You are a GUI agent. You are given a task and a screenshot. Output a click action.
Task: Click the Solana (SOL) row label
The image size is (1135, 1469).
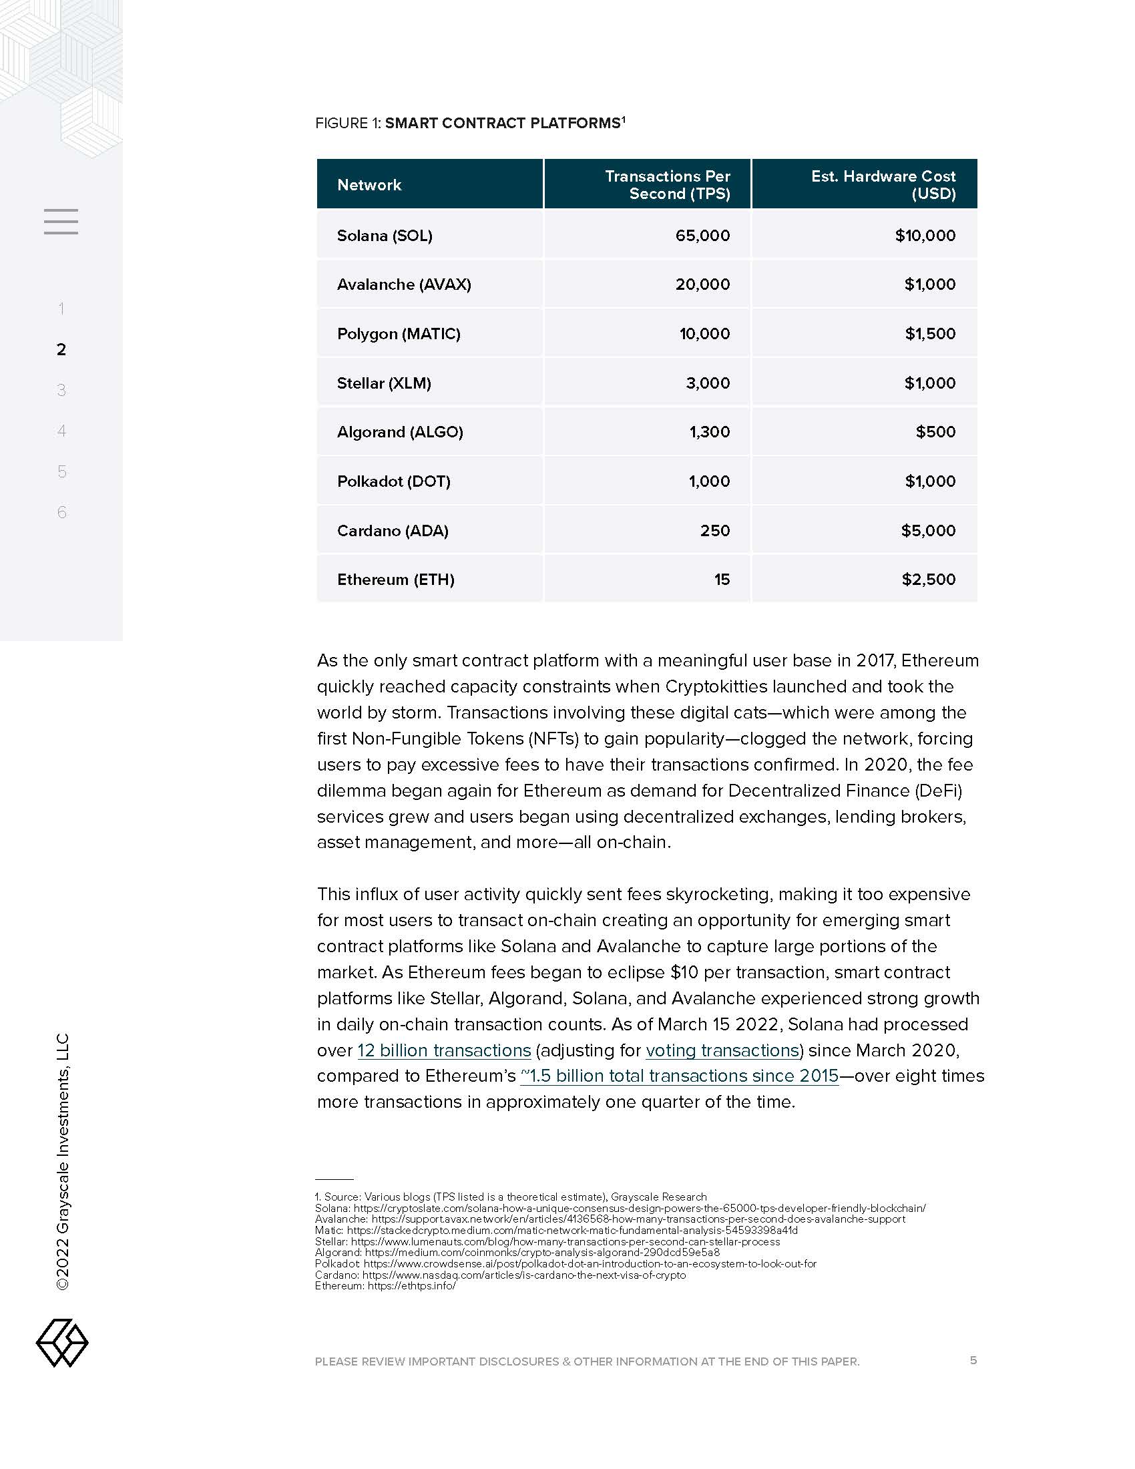click(385, 236)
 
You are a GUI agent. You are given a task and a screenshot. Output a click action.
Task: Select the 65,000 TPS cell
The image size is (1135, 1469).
click(702, 236)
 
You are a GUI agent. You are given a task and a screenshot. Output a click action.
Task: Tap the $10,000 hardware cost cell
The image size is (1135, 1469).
click(925, 236)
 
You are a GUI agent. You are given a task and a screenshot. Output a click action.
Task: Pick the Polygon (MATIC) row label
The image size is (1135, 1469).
click(399, 334)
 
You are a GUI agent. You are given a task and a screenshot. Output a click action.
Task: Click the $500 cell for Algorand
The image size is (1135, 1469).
click(935, 432)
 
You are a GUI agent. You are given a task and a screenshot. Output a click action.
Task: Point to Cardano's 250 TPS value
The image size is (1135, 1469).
click(715, 531)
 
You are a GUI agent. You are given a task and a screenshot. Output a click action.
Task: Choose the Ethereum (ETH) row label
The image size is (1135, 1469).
click(395, 580)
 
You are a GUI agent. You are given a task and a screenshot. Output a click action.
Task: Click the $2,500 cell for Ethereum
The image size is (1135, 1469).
click(928, 580)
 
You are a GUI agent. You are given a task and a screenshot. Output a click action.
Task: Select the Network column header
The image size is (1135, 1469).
click(369, 185)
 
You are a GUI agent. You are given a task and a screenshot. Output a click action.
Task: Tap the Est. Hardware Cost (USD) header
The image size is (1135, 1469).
click(883, 185)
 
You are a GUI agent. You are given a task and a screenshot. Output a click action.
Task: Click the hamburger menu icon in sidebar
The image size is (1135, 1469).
click(61, 221)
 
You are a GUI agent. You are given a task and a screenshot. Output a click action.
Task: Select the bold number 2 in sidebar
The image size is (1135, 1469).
click(61, 349)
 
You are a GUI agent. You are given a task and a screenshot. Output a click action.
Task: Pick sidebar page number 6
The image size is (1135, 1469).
click(62, 513)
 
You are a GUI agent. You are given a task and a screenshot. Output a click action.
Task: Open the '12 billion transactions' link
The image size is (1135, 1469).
click(444, 1050)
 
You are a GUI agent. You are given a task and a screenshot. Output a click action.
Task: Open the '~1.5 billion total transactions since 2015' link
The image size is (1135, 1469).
click(679, 1076)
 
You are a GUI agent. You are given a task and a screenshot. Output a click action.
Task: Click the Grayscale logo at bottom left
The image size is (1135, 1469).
click(62, 1343)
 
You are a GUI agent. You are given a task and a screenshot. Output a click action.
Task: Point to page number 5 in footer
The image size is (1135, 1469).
click(973, 1360)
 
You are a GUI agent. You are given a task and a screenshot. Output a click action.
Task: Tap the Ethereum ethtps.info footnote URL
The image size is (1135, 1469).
click(411, 1286)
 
